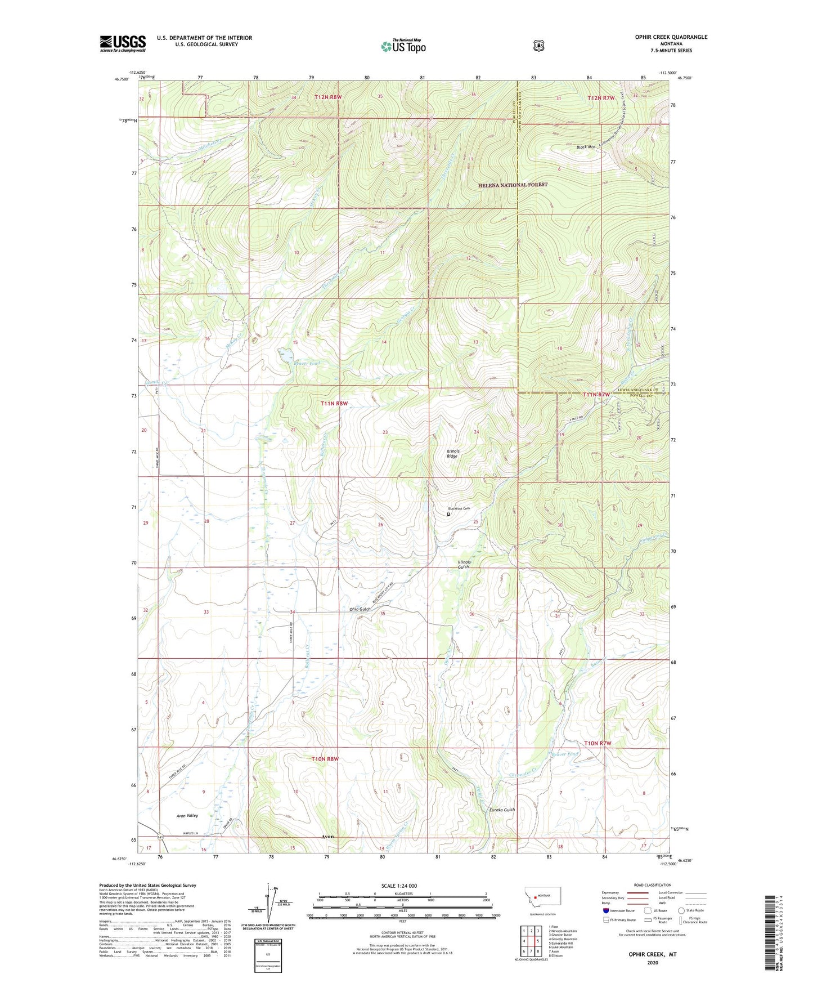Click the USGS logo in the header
coord(123,43)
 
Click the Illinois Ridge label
coord(453,453)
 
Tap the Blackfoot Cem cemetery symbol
coord(449,514)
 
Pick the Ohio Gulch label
coord(360,609)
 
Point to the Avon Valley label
coord(187,815)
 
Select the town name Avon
coord(327,836)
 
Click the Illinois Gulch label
coord(464,564)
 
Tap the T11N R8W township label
coord(334,403)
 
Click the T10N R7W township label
coord(597,743)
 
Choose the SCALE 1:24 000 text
coord(399,886)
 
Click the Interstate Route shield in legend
coord(605,910)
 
